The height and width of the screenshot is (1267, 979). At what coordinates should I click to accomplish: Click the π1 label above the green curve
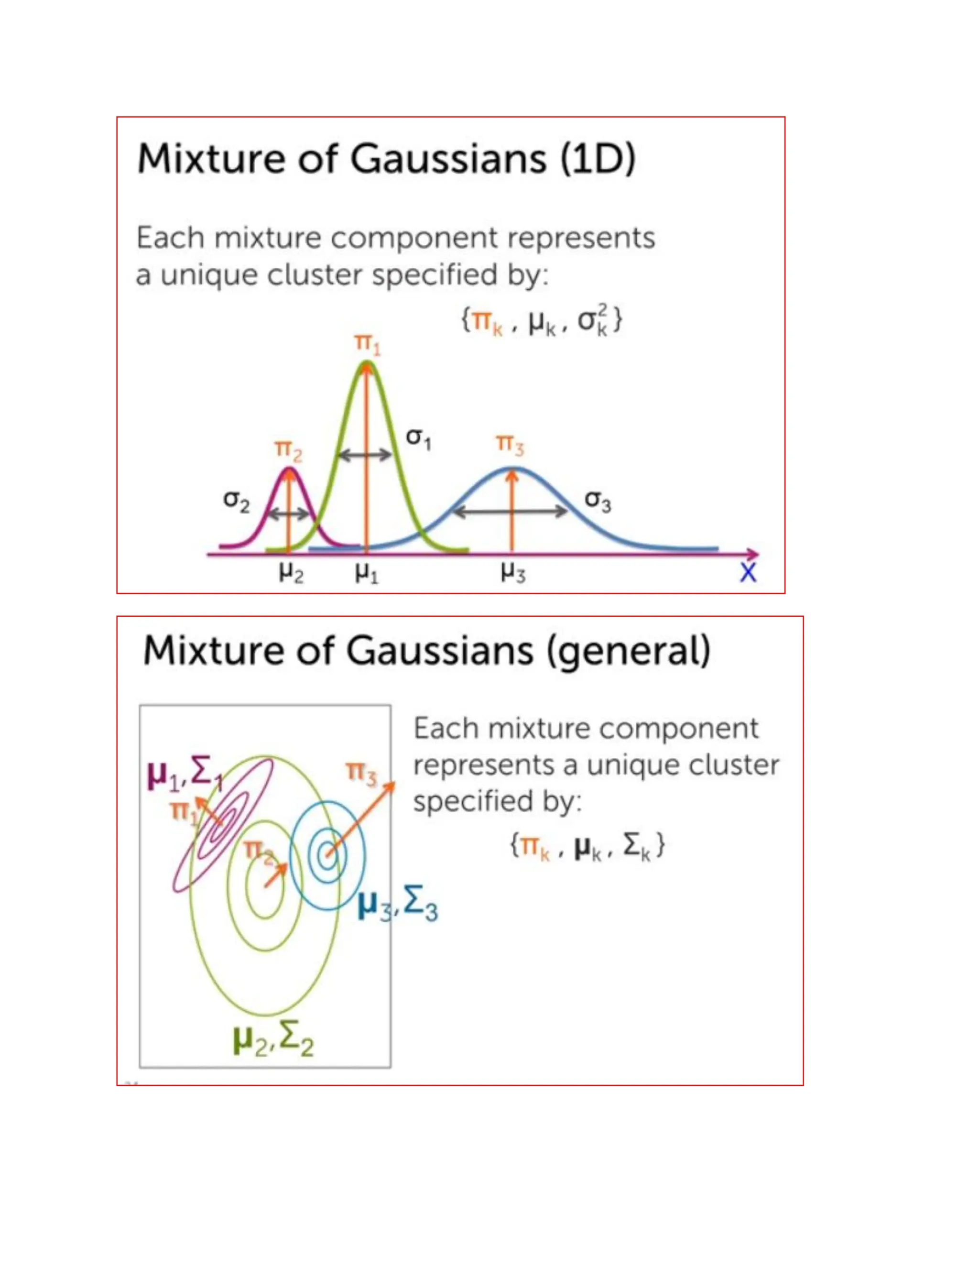click(x=367, y=345)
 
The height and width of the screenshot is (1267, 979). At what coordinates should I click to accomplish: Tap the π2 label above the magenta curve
click(x=288, y=451)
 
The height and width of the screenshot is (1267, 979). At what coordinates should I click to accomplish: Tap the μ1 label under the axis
click(x=367, y=573)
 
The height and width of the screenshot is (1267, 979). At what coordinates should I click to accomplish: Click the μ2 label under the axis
click(x=291, y=573)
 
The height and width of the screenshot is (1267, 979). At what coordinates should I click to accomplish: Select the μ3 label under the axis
click(x=513, y=573)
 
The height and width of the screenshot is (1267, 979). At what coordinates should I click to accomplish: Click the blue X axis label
click(x=748, y=573)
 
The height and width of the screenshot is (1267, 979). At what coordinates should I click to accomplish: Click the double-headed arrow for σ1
click(x=365, y=455)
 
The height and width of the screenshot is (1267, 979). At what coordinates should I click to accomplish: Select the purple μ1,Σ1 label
click(x=185, y=775)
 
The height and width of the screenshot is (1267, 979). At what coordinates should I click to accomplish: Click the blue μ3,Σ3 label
click(x=398, y=905)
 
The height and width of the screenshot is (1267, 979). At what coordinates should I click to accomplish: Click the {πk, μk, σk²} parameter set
click(x=542, y=321)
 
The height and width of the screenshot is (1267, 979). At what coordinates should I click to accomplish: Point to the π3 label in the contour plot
click(x=361, y=774)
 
